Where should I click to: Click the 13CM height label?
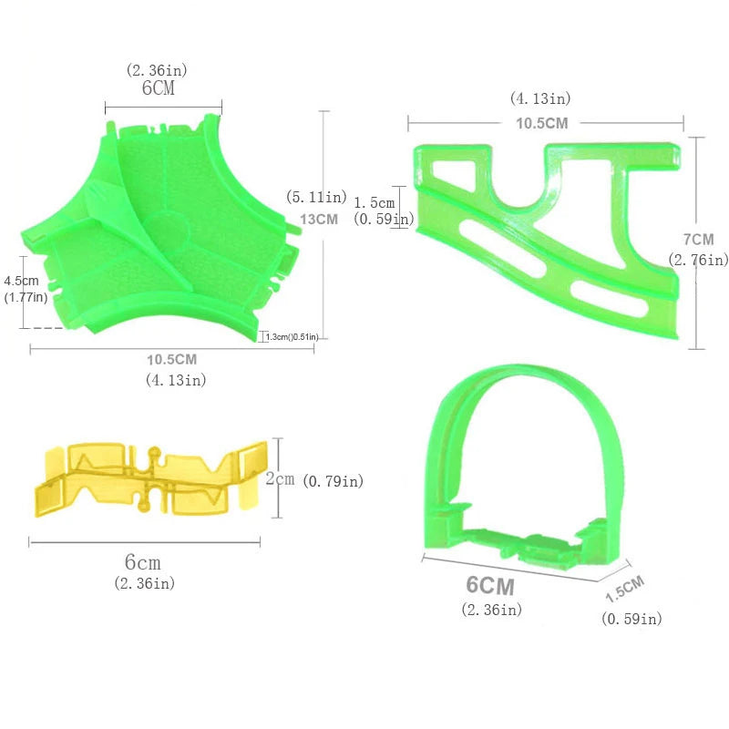coord(319,219)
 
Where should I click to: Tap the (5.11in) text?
coord(316,197)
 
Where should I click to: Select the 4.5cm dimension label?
coord(21,281)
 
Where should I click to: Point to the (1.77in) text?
coord(26,297)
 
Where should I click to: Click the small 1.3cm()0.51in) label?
coord(292,336)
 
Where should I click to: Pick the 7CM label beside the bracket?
coord(698,240)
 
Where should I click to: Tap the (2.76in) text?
coord(698,260)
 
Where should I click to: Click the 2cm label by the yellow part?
coord(280,478)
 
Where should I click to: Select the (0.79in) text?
coord(333,481)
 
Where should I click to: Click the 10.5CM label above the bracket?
coord(542,123)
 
